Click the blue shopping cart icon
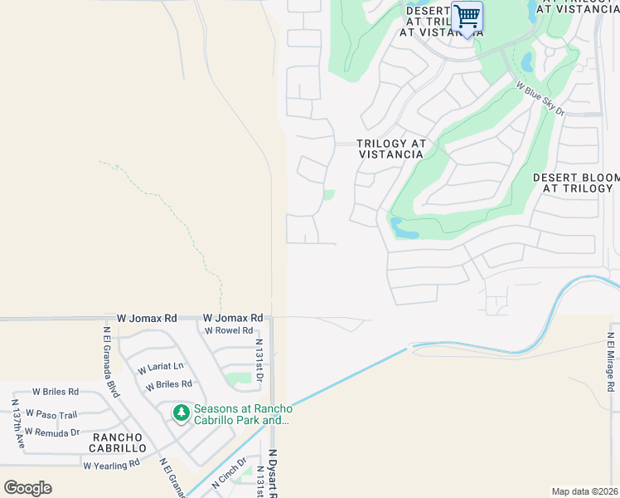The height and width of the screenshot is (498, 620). tap(467, 17)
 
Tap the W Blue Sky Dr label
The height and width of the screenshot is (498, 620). tap(540, 98)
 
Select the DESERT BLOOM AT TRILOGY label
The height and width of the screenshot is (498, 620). tap(576, 183)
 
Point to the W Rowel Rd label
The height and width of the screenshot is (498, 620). tap(229, 330)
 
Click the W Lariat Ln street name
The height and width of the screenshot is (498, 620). tap(161, 367)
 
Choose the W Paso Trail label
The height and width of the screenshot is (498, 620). tap(51, 413)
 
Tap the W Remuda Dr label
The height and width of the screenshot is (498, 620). tap(51, 432)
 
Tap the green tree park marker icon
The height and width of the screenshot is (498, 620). tap(181, 413)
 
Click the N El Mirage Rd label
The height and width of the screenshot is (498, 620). tap(609, 363)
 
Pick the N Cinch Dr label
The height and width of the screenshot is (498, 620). tap(230, 472)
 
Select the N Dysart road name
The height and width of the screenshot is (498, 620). tap(271, 473)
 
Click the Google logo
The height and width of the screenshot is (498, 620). tap(27, 487)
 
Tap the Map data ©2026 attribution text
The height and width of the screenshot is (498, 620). tap(584, 491)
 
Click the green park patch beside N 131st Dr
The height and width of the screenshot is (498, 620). tap(239, 378)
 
